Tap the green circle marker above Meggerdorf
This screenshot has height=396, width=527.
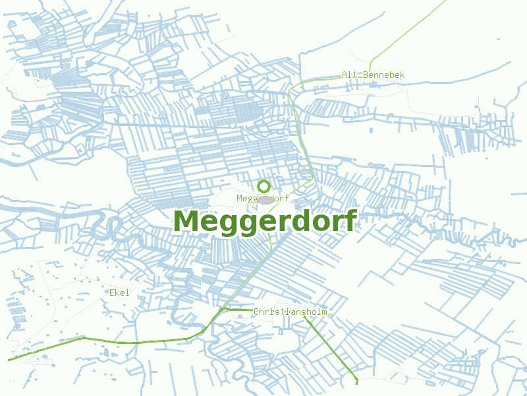(263, 186)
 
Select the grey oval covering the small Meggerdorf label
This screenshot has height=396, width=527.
(265, 199)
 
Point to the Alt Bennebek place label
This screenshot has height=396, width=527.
(373, 75)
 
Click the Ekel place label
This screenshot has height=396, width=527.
(119, 292)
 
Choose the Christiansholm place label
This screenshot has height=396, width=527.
(290, 312)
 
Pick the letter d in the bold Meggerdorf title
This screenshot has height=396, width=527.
(297, 221)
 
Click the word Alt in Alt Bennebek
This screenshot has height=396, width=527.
(349, 75)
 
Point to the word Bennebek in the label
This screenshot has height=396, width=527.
(384, 75)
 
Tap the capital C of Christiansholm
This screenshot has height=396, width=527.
(256, 312)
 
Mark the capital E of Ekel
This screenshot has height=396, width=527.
(111, 292)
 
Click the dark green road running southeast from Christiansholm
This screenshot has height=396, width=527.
(329, 348)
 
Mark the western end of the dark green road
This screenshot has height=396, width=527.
(9, 360)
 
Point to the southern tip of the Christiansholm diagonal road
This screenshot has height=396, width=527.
(356, 381)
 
